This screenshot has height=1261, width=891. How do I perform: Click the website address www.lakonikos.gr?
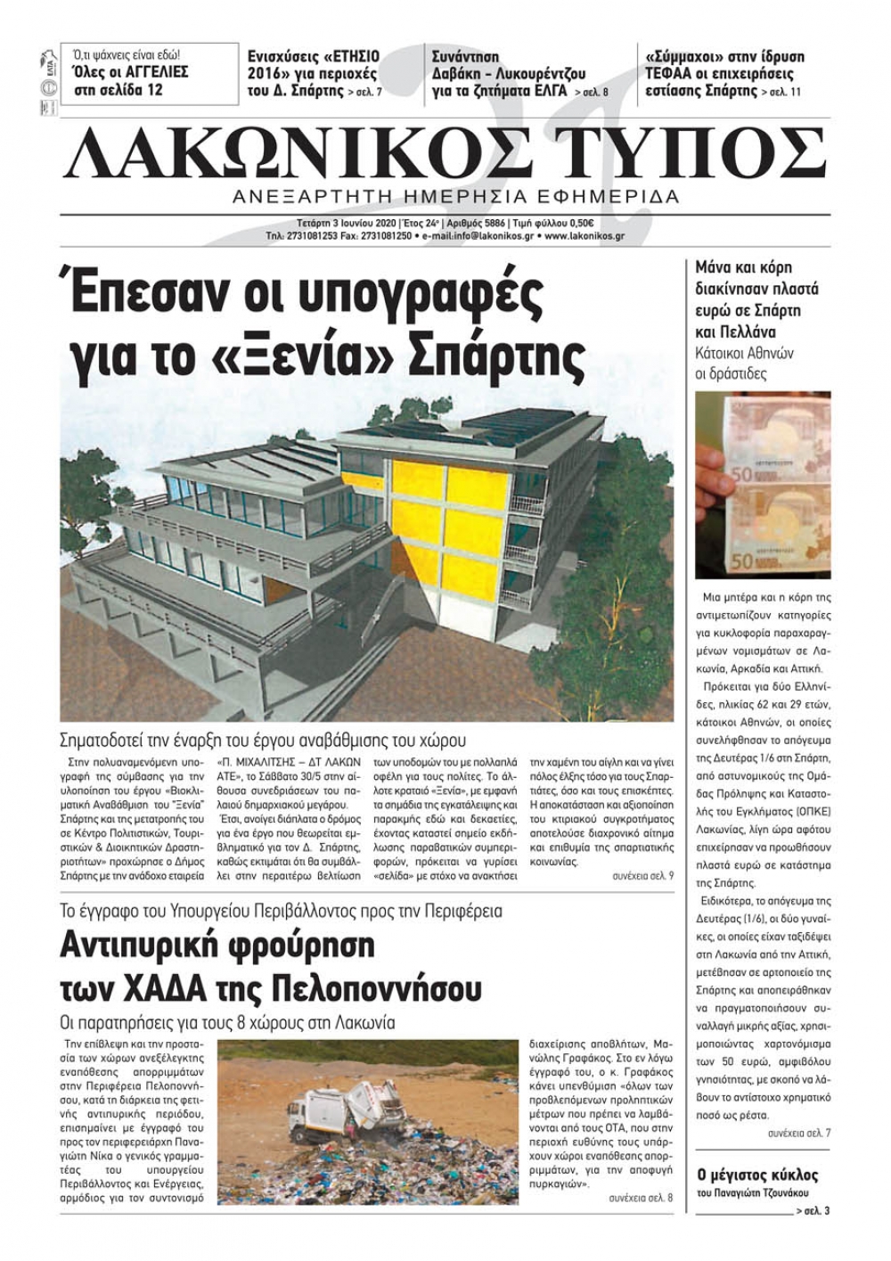pyautogui.click(x=584, y=237)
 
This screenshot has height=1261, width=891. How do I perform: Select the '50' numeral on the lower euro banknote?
pyautogui.click(x=744, y=561)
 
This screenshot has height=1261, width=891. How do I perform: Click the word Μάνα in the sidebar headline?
pyautogui.click(x=716, y=267)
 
